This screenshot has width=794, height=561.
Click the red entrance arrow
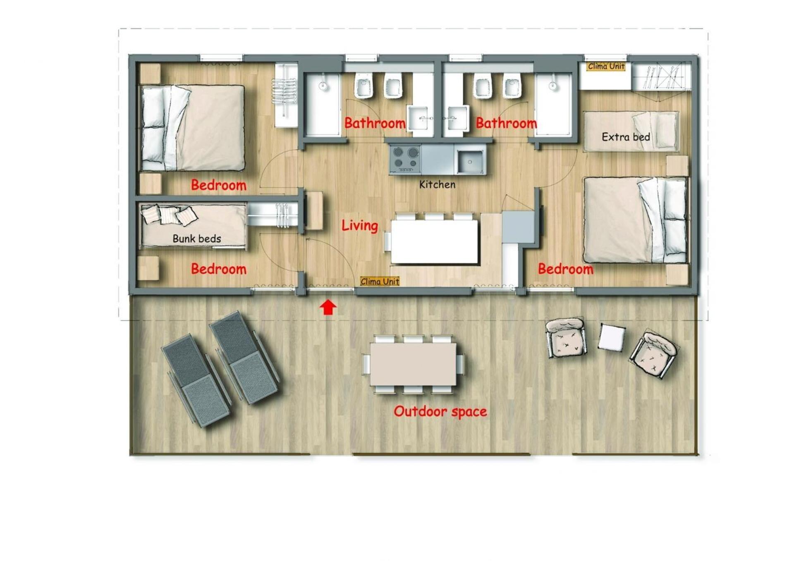[x=328, y=308]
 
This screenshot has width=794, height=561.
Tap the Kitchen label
[x=437, y=184]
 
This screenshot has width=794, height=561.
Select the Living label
[x=360, y=226]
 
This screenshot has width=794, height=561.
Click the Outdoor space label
[x=440, y=411]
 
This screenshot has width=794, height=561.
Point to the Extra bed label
[x=626, y=137]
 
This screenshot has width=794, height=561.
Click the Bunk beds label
[x=196, y=239]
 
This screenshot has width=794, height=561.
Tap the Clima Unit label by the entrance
[x=380, y=282]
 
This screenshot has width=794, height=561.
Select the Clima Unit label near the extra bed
[x=606, y=66]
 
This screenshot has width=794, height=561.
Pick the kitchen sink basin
[x=470, y=162]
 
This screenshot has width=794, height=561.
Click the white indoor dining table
[x=434, y=241]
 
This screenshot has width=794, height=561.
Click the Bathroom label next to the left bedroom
[x=375, y=123]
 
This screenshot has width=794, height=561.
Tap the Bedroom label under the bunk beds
[x=218, y=269]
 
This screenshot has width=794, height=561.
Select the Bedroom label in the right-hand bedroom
[x=565, y=269]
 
